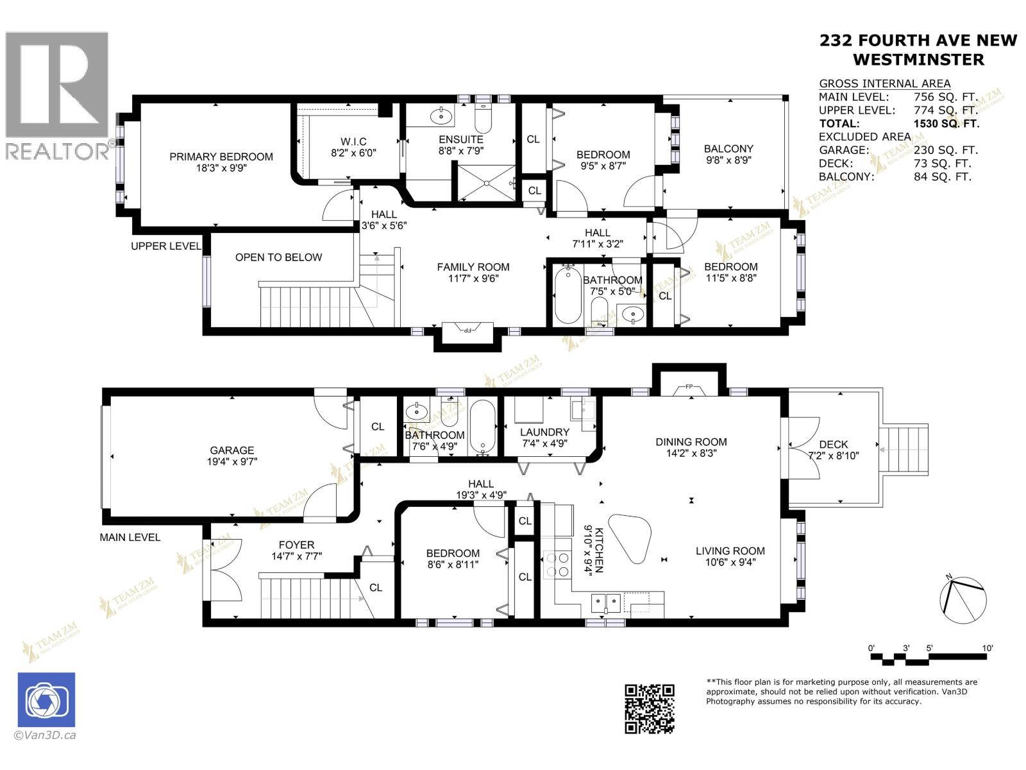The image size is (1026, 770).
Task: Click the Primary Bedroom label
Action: pos(221,157)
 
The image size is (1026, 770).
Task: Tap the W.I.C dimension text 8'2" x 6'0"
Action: pos(353,153)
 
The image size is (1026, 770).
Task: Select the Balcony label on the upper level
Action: pos(728,148)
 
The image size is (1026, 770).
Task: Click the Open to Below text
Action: pos(278,257)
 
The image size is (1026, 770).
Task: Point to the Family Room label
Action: pos(473,267)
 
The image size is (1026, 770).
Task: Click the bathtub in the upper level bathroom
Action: pos(567,296)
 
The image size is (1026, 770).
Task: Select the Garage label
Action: pos(232,450)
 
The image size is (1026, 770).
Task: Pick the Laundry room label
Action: pos(544,432)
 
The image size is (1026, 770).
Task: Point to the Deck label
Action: pos(833,444)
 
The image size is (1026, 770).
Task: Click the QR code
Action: pos(650,708)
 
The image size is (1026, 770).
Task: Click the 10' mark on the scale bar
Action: pos(988,648)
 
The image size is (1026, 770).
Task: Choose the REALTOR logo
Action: pos(58,96)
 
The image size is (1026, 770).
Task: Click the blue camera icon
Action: pos(46,700)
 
